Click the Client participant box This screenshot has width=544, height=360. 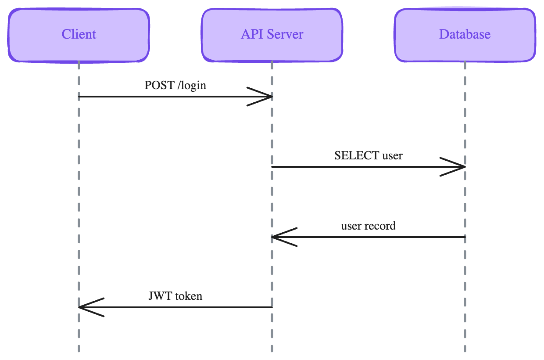pyautogui.click(x=79, y=34)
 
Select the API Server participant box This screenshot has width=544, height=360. pyautogui.click(x=272, y=34)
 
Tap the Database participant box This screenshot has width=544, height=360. pyautogui.click(x=465, y=34)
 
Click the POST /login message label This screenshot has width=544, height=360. pyautogui.click(x=175, y=85)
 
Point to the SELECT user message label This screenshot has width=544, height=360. pyautogui.click(x=368, y=155)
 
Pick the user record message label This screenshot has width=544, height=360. pyautogui.click(x=368, y=226)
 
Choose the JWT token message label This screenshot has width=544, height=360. pyautogui.click(x=175, y=296)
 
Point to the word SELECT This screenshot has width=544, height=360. pyautogui.click(x=357, y=155)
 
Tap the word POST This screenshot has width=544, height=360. pyautogui.click(x=159, y=85)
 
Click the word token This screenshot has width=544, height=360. pyautogui.click(x=189, y=296)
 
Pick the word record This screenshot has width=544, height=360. pyautogui.click(x=381, y=226)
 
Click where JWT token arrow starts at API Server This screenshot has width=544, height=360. pyautogui.click(x=272, y=307)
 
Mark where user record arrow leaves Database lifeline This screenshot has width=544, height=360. pyautogui.click(x=464, y=237)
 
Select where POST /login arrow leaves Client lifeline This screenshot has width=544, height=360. pyautogui.click(x=79, y=97)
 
